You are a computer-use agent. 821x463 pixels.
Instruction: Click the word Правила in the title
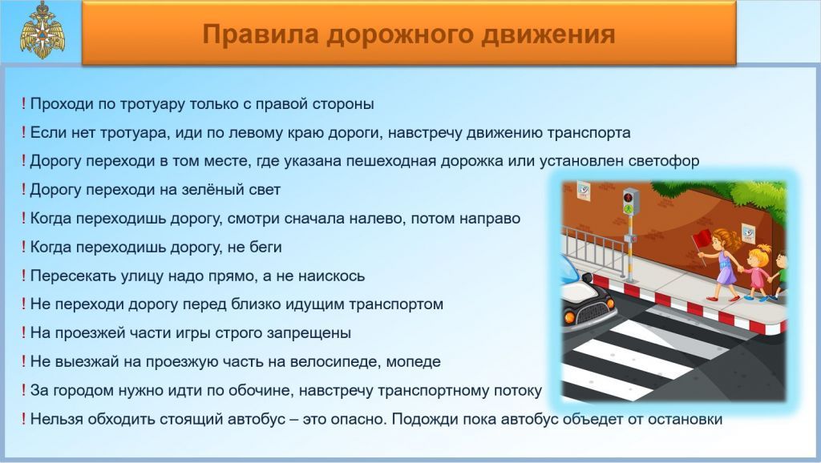261,34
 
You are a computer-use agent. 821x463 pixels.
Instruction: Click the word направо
490,219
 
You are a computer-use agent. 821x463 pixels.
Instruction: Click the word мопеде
413,362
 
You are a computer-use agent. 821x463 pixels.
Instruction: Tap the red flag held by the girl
702,240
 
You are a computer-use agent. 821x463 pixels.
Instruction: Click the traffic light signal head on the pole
630,202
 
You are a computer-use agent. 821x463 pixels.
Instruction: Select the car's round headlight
570,316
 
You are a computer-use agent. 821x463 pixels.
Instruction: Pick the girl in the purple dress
722,264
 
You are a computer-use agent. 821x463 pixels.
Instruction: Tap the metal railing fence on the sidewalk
593,249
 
